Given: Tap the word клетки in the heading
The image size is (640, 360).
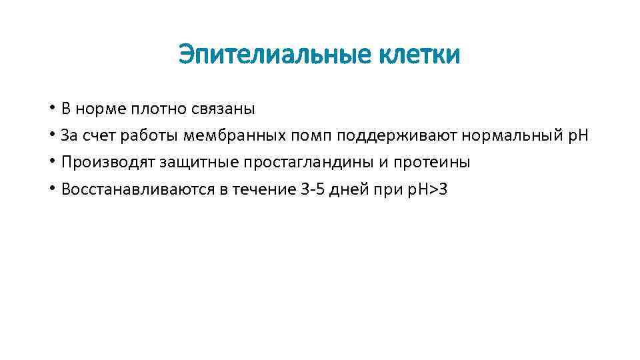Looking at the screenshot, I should coord(420,55).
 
